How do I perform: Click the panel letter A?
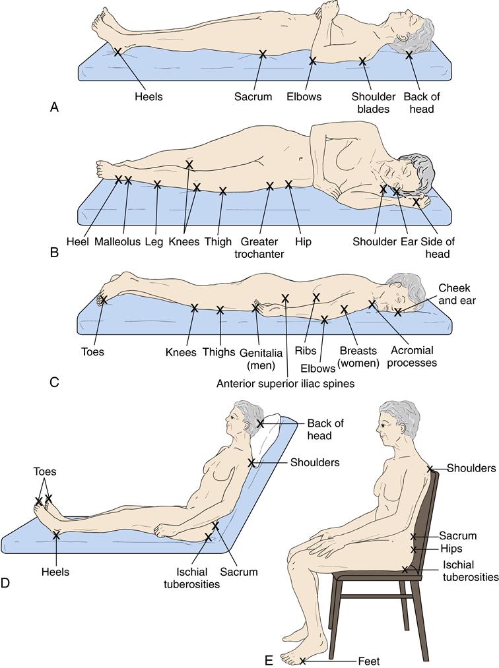(54, 106)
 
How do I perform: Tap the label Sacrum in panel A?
(253, 97)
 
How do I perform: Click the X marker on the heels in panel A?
(117, 51)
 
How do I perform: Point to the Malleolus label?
(117, 241)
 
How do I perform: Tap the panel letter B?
(54, 251)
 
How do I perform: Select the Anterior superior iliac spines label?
(285, 383)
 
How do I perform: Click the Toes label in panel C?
(92, 351)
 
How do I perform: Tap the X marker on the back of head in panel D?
(261, 423)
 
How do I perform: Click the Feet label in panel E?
(368, 660)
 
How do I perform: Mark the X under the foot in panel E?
(303, 660)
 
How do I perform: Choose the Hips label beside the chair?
(452, 549)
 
